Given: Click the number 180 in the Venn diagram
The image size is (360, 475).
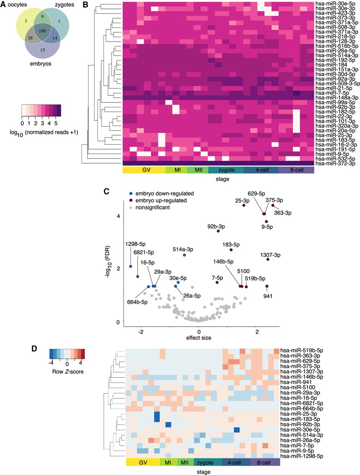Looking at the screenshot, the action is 43,31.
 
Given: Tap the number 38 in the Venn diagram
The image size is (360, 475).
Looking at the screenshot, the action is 30,38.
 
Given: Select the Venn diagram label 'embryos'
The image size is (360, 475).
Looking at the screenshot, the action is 41,64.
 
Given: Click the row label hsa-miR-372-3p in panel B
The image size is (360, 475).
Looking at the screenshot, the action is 336,163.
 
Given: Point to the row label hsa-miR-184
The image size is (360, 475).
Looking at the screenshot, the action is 331,65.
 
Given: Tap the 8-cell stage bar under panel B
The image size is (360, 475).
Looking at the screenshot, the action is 296,170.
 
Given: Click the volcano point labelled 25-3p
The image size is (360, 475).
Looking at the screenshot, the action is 244,205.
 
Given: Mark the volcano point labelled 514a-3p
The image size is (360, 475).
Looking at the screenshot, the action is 184,255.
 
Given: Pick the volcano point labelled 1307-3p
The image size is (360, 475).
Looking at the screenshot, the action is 268,259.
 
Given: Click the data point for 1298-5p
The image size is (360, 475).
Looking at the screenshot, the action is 131,266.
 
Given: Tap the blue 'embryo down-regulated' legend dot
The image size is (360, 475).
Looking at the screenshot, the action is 131,194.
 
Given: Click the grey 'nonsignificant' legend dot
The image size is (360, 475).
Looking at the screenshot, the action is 131,208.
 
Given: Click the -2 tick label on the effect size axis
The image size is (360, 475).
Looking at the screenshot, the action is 141,332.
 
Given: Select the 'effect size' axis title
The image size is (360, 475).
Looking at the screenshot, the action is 199,338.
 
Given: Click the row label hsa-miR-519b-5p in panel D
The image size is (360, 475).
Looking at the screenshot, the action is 302,350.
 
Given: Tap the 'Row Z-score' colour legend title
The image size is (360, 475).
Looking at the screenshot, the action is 68,371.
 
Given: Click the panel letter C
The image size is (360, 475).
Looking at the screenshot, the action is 106,191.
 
